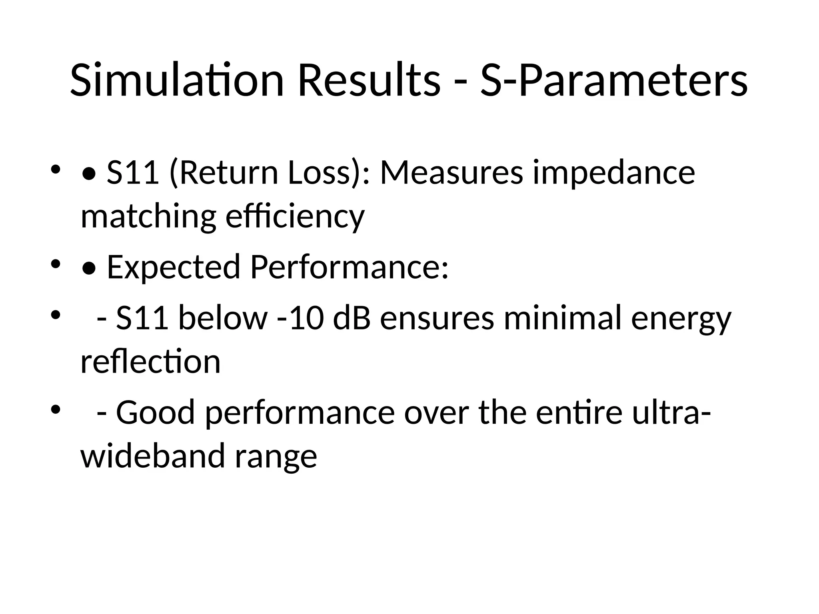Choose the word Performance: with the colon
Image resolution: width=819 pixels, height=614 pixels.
pyautogui.click(x=350, y=267)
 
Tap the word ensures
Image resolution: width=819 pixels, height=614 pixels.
pyautogui.click(x=437, y=318)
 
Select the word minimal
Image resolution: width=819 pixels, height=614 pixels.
pyautogui.click(x=563, y=318)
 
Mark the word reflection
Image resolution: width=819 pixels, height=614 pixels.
pyautogui.click(x=150, y=361)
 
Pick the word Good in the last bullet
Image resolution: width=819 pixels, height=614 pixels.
pyautogui.click(x=155, y=413)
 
